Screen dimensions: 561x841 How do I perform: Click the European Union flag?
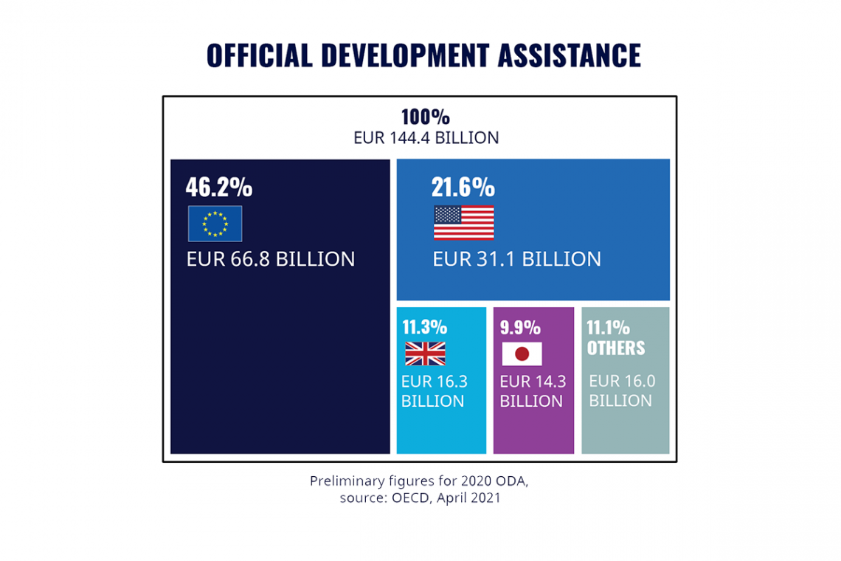click(215, 224)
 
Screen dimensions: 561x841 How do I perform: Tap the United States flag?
click(463, 223)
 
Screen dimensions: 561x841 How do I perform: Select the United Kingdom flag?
click(425, 354)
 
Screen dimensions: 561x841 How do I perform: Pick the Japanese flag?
click(522, 354)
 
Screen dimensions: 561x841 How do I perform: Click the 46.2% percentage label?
click(218, 187)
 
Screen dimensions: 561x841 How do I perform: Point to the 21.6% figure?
click(463, 187)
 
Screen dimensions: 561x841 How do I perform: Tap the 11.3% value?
click(424, 328)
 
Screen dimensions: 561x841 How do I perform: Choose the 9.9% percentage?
click(520, 328)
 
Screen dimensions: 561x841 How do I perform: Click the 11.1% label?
click(608, 328)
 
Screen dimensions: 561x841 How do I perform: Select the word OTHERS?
click(615, 348)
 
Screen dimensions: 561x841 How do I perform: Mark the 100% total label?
click(425, 117)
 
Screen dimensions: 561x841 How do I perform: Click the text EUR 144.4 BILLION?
click(426, 138)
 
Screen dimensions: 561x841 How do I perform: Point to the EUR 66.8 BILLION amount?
click(271, 259)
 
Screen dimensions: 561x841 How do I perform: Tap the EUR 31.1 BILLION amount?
click(516, 259)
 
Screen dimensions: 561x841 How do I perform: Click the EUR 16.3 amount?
click(434, 382)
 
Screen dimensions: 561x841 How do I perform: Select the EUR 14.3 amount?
click(533, 382)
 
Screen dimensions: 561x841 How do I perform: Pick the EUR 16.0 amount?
click(622, 382)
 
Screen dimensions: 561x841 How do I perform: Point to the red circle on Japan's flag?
click(522, 354)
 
